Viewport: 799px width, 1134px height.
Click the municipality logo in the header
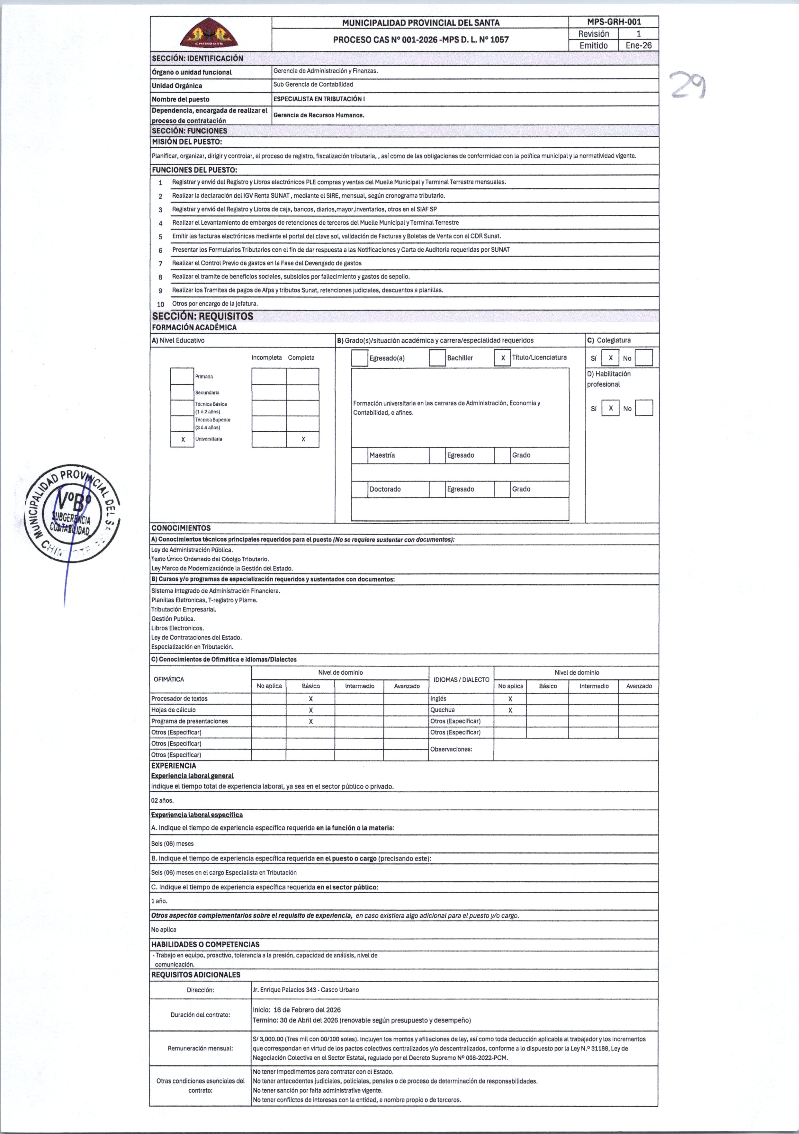(x=209, y=33)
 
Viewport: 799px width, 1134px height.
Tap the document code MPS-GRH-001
(x=614, y=22)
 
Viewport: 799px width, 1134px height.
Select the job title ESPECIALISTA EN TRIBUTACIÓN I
(x=319, y=99)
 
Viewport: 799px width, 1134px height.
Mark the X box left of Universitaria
(x=182, y=439)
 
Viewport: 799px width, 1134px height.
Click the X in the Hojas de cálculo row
(x=310, y=710)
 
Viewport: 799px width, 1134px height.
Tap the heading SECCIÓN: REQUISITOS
(x=202, y=316)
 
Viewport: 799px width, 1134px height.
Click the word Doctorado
(x=385, y=489)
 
